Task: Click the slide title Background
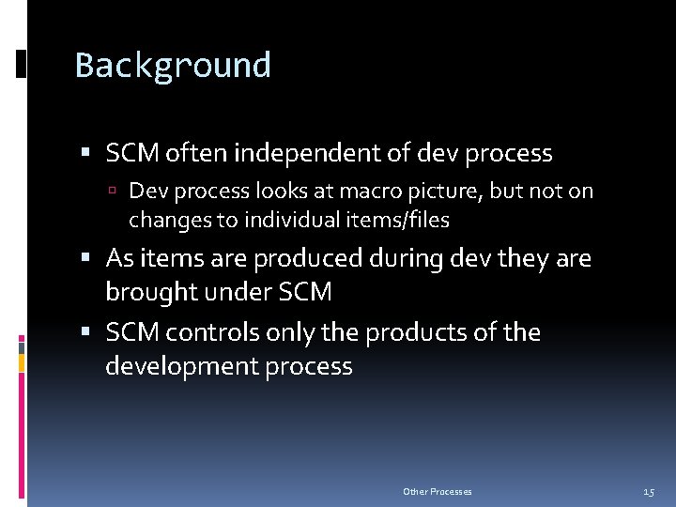point(173,66)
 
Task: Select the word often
point(199,152)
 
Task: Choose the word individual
point(282,221)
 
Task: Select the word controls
point(215,332)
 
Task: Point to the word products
point(421,332)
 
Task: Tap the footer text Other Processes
point(438,491)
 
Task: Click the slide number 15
point(649,491)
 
